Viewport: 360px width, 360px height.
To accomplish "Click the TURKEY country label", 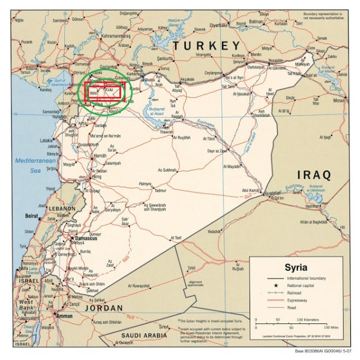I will pos(205,46).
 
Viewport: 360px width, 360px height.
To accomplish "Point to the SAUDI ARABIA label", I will pos(145,336).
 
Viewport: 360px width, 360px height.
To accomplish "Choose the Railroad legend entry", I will pos(294,293).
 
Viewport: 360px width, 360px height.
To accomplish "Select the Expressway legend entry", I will pos(296,300).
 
